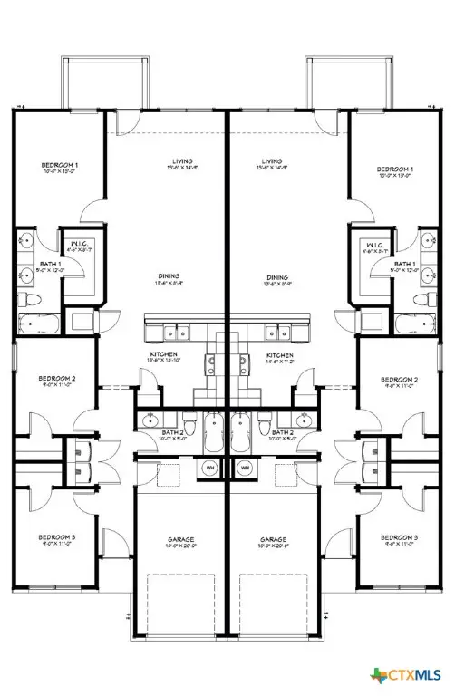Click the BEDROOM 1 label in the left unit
point(60,165)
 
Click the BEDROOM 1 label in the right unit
point(395,169)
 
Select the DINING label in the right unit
point(277,277)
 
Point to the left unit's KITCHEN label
point(163,354)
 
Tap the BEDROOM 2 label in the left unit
point(56,379)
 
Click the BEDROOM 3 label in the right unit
point(398,537)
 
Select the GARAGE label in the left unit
point(179,539)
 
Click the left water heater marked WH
point(209,468)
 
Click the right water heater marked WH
point(244,468)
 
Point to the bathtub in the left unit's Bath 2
point(214,430)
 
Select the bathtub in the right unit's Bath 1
point(414,324)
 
